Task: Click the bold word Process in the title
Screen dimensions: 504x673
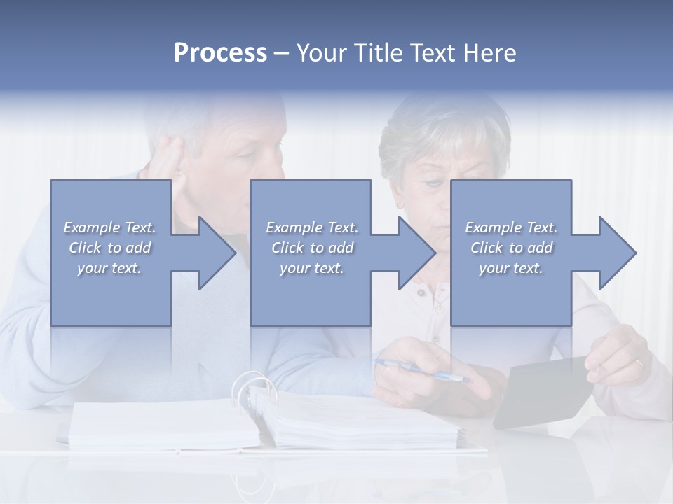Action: (x=220, y=53)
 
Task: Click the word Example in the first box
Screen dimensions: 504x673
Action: (x=91, y=227)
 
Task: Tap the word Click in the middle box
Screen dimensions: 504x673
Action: (x=287, y=248)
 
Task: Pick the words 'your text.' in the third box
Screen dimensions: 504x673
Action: (x=511, y=268)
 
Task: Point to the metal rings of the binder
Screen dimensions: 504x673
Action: (x=252, y=392)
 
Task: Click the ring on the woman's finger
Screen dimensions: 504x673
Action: (x=638, y=363)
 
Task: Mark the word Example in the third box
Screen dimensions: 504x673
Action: (x=493, y=227)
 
